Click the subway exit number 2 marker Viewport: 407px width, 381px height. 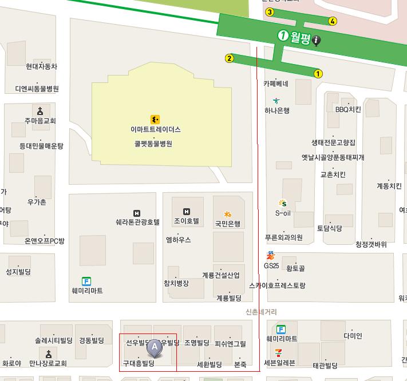pyautogui.click(x=230, y=58)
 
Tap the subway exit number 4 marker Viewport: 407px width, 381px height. pyautogui.click(x=333, y=21)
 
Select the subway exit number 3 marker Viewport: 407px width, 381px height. pyautogui.click(x=270, y=12)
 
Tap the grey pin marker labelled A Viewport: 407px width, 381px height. pyautogui.click(x=154, y=347)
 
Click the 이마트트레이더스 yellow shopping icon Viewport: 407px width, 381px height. pyautogui.click(x=155, y=119)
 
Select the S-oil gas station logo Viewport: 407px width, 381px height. pyautogui.click(x=283, y=203)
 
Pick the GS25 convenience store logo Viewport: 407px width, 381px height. pyautogui.click(x=271, y=256)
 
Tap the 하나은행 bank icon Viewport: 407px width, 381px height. pyautogui.click(x=277, y=101)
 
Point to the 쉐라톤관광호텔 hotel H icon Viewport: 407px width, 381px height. pyautogui.click(x=136, y=213)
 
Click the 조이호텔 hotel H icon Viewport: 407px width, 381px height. pyautogui.click(x=186, y=212)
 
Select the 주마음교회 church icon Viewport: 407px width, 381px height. pyautogui.click(x=40, y=111)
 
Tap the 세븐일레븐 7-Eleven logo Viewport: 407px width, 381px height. pyautogui.click(x=279, y=351)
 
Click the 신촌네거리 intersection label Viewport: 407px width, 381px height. pyautogui.click(x=260, y=312)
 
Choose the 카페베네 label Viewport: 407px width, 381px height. pyautogui.click(x=275, y=84)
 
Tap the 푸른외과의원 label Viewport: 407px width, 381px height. pyautogui.click(x=283, y=237)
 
